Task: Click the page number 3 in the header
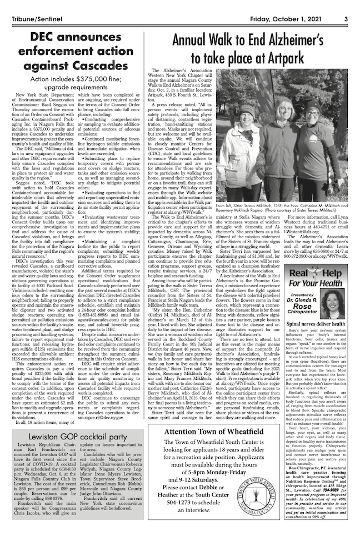point(345,6)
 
